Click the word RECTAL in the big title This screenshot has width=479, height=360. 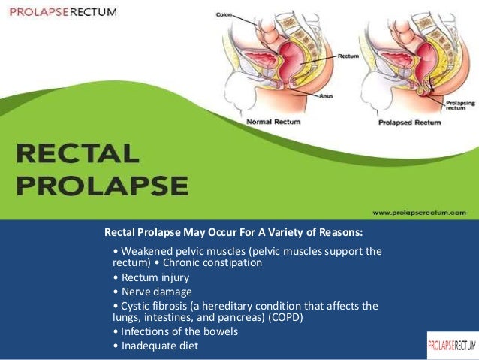pos(78,154)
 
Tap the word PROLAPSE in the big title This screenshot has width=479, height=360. pos(102,186)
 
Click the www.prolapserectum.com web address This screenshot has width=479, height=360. pos(420,213)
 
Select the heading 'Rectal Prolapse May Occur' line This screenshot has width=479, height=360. pos(233,231)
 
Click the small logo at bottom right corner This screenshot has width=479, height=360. pos(452,345)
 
